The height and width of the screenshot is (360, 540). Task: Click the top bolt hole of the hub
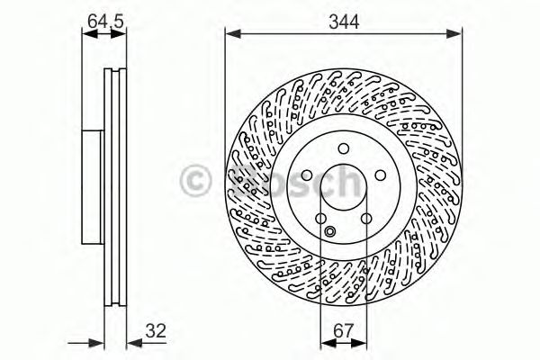(x=343, y=150)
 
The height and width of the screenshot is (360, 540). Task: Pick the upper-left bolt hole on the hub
(x=306, y=175)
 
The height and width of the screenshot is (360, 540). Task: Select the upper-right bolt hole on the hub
(x=379, y=175)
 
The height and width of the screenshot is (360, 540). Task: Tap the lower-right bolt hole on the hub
(x=365, y=219)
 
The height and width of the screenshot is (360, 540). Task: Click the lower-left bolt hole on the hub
(x=319, y=219)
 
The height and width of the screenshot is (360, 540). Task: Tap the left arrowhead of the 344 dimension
(x=230, y=34)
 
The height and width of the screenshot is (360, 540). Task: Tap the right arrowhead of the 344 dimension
(x=456, y=34)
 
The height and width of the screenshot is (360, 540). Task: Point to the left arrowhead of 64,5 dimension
(x=87, y=34)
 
